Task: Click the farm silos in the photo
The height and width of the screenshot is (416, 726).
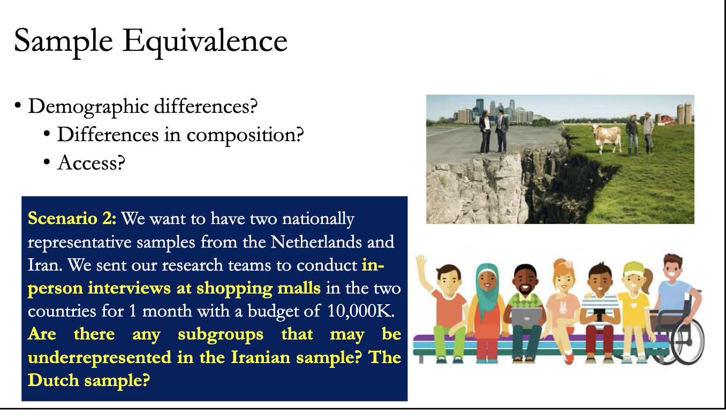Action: pos(684,113)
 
